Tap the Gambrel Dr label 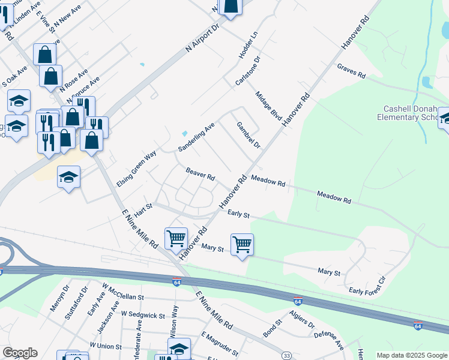[248, 136]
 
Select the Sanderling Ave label [196, 137]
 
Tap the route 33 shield [287, 356]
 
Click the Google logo [20, 353]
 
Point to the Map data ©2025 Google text [411, 355]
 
